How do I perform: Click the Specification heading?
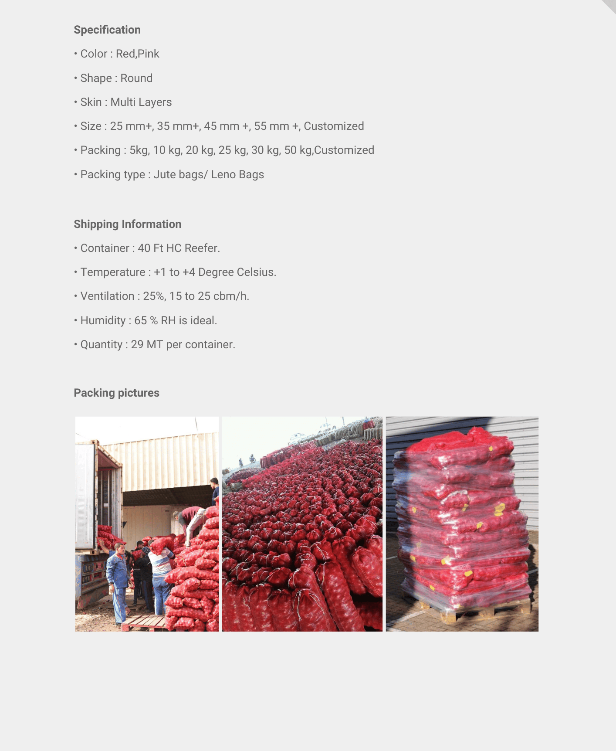107,30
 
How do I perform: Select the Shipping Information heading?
127,224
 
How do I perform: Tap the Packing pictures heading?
116,393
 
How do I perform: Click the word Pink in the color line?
149,54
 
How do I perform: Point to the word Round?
136,78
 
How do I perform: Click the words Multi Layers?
141,102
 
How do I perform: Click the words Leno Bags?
237,174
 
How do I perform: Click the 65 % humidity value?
146,320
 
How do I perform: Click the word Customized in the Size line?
334,126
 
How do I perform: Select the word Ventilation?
107,296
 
